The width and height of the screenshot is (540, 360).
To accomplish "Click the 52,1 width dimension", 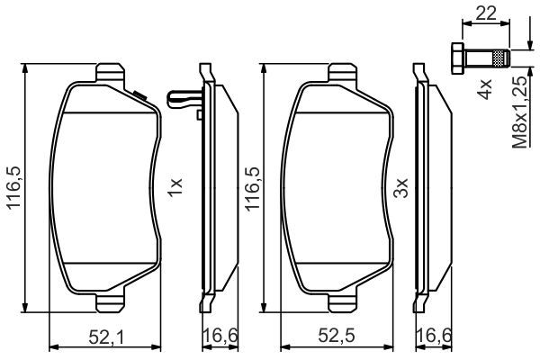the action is [105, 337].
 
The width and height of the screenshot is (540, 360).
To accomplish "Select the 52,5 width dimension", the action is [336, 337].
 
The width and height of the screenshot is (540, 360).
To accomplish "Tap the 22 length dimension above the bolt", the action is [486, 13].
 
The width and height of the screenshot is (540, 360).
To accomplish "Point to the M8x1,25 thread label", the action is [520, 112].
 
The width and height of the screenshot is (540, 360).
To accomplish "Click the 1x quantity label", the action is [175, 187].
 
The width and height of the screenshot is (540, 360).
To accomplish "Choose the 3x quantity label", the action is [400, 188].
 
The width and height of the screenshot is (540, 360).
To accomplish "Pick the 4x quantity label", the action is [484, 89].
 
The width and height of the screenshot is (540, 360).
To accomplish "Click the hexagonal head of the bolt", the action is [457, 58].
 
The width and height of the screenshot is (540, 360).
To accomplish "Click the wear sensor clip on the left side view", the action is [184, 99].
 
